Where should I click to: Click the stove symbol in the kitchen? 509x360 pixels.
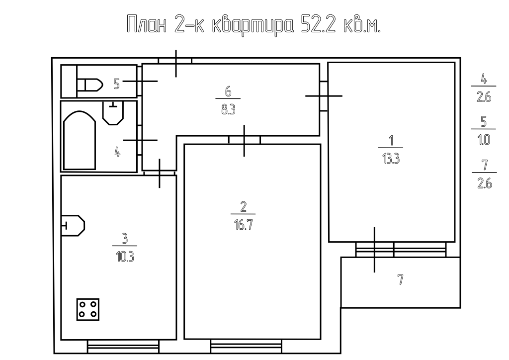pos(88,309)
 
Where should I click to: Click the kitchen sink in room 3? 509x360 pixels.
pos(73,226)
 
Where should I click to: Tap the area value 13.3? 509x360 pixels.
pos(390,161)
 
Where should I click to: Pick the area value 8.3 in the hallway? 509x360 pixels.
pos(228,110)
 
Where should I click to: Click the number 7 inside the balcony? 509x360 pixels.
pos(400,280)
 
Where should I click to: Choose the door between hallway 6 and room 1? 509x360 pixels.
pos(324,95)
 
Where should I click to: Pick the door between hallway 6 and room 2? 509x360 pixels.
pos(244,140)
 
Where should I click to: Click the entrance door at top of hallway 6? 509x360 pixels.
pos(175,61)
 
